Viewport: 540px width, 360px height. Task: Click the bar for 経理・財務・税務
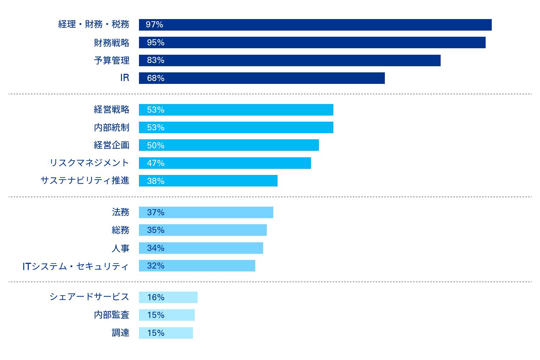pyautogui.click(x=315, y=25)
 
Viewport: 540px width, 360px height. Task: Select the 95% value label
pyautogui.click(x=156, y=42)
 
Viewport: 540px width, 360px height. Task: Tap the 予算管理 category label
pyautogui.click(x=112, y=60)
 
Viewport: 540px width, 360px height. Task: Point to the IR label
pyautogui.click(x=125, y=78)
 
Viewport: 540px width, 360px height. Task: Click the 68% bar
pyautogui.click(x=262, y=78)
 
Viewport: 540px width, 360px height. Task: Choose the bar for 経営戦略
pyautogui.click(x=236, y=110)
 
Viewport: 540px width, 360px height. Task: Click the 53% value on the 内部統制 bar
pyautogui.click(x=156, y=127)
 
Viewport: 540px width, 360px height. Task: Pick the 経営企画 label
pyautogui.click(x=112, y=145)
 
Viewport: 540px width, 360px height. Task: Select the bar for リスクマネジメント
pyautogui.click(x=225, y=163)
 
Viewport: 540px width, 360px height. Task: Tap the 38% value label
pyautogui.click(x=156, y=181)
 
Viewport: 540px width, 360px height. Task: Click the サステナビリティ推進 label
pyautogui.click(x=85, y=180)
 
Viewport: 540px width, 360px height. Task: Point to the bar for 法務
pyautogui.click(x=206, y=212)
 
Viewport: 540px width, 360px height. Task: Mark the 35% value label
pyautogui.click(x=156, y=230)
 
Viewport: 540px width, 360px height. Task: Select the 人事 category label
pyautogui.click(x=120, y=248)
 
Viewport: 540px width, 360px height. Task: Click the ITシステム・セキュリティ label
pyautogui.click(x=76, y=266)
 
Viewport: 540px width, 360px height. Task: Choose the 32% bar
pyautogui.click(x=197, y=266)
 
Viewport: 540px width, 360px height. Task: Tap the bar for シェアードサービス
pyautogui.click(x=168, y=297)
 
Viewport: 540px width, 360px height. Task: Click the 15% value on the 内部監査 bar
pyautogui.click(x=156, y=315)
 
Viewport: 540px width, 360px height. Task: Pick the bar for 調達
pyautogui.click(x=166, y=333)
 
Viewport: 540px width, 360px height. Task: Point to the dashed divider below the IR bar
pyautogui.click(x=270, y=94)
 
